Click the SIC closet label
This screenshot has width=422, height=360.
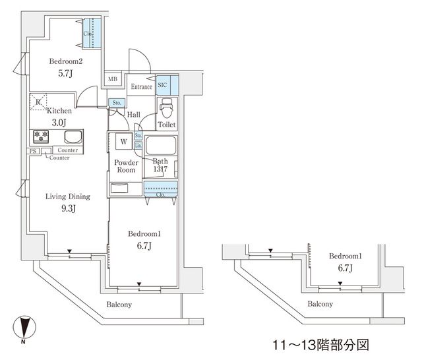click(163, 86)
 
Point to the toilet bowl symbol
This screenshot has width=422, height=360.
click(166, 108)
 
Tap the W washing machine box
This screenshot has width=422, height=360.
click(123, 141)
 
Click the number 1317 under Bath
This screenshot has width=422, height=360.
click(161, 170)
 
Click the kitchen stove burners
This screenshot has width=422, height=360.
click(41, 136)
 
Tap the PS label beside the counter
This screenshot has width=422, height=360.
click(32, 151)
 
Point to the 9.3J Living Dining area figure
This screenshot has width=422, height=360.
click(67, 210)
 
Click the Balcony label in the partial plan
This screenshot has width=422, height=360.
click(320, 304)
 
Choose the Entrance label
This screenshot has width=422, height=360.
click(141, 86)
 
